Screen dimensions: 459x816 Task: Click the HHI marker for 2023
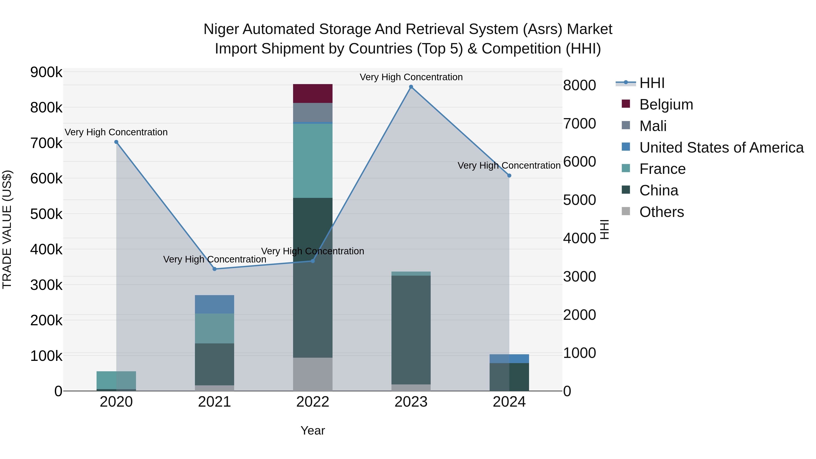tap(411, 87)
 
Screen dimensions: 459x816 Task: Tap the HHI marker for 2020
tap(116, 142)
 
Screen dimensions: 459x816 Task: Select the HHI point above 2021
tap(214, 269)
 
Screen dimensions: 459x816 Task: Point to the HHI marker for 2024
tap(509, 175)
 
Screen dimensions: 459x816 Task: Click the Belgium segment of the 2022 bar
tap(313, 93)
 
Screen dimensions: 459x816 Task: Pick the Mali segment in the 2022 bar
tap(313, 112)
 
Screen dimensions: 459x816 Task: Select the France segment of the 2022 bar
tap(313, 161)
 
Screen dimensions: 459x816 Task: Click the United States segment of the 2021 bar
tap(214, 304)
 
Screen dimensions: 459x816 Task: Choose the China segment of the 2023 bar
tap(411, 329)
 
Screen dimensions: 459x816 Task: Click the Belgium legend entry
tap(666, 104)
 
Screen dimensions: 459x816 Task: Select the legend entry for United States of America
tap(721, 147)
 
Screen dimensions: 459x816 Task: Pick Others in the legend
tap(661, 212)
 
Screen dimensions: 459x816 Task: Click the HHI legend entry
tap(652, 83)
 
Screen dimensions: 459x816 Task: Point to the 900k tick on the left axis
tap(46, 72)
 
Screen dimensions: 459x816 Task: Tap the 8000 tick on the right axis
tap(579, 85)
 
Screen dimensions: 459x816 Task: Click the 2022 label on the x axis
tap(313, 402)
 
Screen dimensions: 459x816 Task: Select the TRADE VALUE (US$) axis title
tap(7, 229)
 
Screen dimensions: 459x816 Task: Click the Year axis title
tap(313, 430)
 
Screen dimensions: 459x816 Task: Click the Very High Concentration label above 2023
tap(411, 77)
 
